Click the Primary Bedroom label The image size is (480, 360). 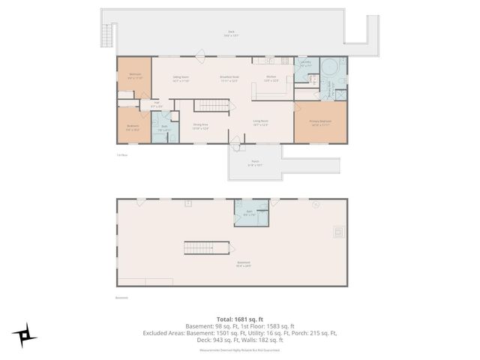click(320, 123)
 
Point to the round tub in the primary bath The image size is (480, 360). click(331, 66)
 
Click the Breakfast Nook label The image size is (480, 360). click(229, 78)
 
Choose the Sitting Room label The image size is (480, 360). click(181, 78)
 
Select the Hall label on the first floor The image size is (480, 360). click(156, 104)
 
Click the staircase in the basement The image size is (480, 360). click(206, 247)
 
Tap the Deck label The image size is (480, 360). click(232, 33)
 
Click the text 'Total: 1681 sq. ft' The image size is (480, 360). click(239, 318)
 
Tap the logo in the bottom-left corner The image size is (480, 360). click(23, 334)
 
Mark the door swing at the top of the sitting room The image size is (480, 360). click(199, 54)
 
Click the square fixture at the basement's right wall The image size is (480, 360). click(338, 232)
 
